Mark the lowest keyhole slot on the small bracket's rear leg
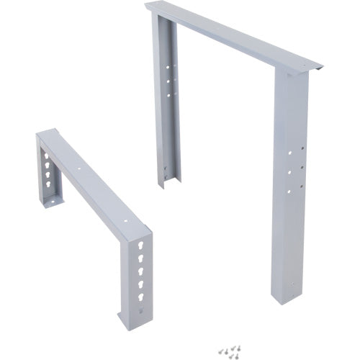48,191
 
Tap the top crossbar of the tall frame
230,36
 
